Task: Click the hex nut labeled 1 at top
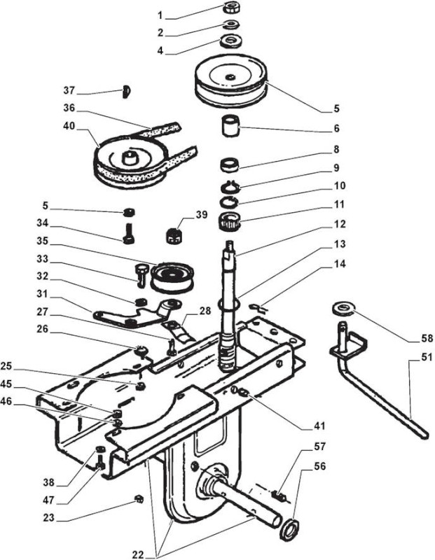(x=232, y=8)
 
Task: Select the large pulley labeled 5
(x=231, y=80)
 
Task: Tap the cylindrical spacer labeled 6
(x=230, y=125)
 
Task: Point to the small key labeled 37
(x=125, y=91)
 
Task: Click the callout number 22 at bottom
(x=138, y=554)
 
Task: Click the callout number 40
(x=68, y=127)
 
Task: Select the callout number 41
(x=319, y=426)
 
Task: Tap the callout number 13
(x=339, y=244)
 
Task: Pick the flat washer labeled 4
(x=232, y=41)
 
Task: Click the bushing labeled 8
(x=230, y=164)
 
